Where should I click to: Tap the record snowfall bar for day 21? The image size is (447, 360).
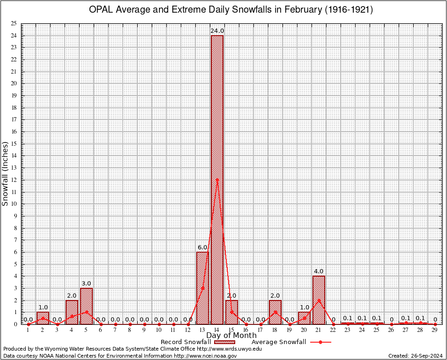tap(319, 300)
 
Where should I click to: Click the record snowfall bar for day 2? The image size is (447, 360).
tap(43, 318)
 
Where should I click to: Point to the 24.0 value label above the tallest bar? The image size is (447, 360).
tap(217, 31)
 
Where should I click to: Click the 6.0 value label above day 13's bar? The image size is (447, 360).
tap(202, 247)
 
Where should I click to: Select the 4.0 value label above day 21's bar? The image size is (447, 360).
tap(319, 271)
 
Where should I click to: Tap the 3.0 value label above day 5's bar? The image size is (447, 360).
tap(86, 284)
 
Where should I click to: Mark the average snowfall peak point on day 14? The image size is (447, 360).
tap(217, 180)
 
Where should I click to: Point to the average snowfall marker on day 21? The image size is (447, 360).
tap(319, 300)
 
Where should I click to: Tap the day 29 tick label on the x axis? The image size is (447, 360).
tap(435, 330)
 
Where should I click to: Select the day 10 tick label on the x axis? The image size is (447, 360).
tap(159, 330)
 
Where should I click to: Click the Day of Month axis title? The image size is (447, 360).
tap(231, 336)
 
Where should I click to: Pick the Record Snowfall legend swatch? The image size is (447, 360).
tap(226, 342)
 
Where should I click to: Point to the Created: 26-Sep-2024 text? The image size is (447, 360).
tap(416, 356)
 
